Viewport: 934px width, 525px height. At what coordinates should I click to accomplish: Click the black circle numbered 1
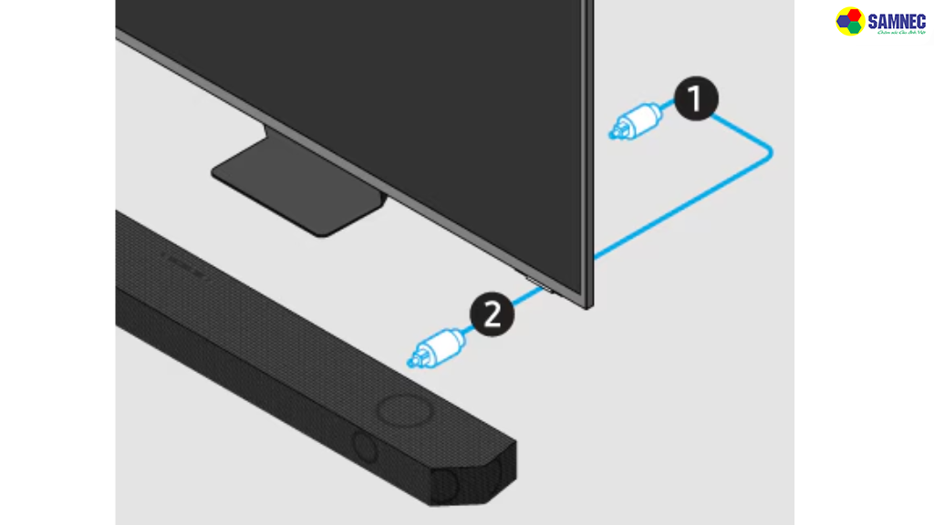tap(696, 99)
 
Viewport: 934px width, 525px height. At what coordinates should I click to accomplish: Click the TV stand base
tap(297, 192)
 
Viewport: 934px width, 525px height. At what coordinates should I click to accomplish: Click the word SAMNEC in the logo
tap(896, 20)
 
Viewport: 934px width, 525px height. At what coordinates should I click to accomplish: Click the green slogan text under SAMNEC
tap(896, 33)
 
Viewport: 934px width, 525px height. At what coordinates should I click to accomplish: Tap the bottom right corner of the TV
tap(587, 305)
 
